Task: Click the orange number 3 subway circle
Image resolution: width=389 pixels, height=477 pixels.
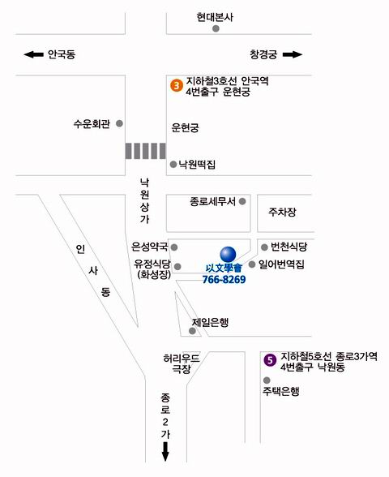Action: [177, 85]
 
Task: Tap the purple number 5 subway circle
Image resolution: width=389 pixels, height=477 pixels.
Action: [270, 360]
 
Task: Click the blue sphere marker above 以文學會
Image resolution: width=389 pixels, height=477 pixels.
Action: [228, 254]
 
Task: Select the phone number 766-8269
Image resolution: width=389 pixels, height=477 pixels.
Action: [224, 279]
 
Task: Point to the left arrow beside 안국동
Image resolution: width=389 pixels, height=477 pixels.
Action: [33, 55]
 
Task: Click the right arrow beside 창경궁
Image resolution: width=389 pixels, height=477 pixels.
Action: [293, 55]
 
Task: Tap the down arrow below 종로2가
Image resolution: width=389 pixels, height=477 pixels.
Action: [165, 451]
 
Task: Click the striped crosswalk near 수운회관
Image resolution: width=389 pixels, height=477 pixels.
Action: [145, 151]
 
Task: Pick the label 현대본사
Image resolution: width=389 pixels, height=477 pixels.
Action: [215, 17]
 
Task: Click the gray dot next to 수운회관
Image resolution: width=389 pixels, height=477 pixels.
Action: [119, 123]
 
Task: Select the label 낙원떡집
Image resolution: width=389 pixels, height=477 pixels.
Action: [197, 165]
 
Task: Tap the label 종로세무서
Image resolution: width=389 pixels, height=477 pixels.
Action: [212, 201]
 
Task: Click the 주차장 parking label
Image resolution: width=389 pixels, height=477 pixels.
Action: [282, 212]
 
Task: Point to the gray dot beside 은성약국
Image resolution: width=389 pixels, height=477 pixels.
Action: [174, 247]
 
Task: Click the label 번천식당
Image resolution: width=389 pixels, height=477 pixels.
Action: [289, 247]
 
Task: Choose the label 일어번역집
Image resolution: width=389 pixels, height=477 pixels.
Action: [281, 264]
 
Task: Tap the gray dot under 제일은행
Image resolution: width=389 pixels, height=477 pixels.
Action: [192, 331]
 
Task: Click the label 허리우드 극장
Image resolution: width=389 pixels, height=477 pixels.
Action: [182, 363]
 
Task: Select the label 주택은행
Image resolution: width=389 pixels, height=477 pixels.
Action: [280, 391]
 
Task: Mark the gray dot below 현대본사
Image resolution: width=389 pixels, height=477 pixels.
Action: [216, 29]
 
